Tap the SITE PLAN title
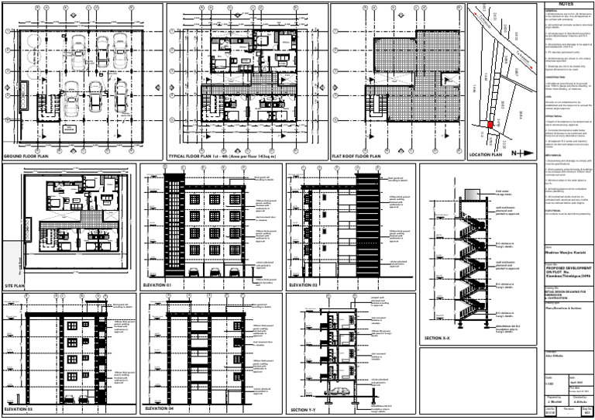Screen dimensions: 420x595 (15, 286)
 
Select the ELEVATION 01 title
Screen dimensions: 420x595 (160, 286)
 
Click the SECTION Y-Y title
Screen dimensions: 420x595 (307, 408)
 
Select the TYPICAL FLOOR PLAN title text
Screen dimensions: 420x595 (212, 157)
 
